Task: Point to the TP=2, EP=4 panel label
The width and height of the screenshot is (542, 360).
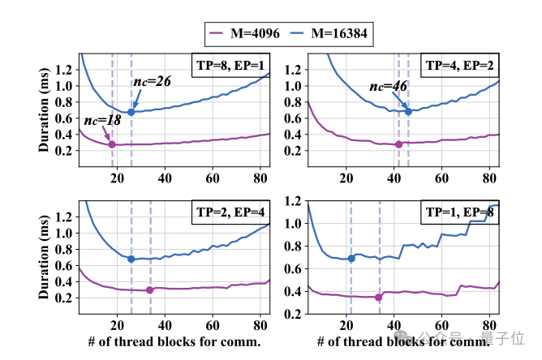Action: pos(230,212)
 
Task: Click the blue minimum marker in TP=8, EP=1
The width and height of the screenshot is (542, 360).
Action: pos(131,112)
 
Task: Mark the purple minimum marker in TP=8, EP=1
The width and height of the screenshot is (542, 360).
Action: pos(112,144)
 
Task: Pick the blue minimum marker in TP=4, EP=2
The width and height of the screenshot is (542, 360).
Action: pos(408,111)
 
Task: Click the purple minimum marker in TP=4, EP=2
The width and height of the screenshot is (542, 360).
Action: pos(398,144)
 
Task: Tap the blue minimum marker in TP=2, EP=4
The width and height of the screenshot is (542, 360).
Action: pos(131,259)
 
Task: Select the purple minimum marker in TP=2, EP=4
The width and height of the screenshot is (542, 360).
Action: pos(150,289)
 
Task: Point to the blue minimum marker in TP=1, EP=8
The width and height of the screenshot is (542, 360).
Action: pos(351,259)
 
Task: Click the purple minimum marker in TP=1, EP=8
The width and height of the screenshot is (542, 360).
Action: pos(379,298)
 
